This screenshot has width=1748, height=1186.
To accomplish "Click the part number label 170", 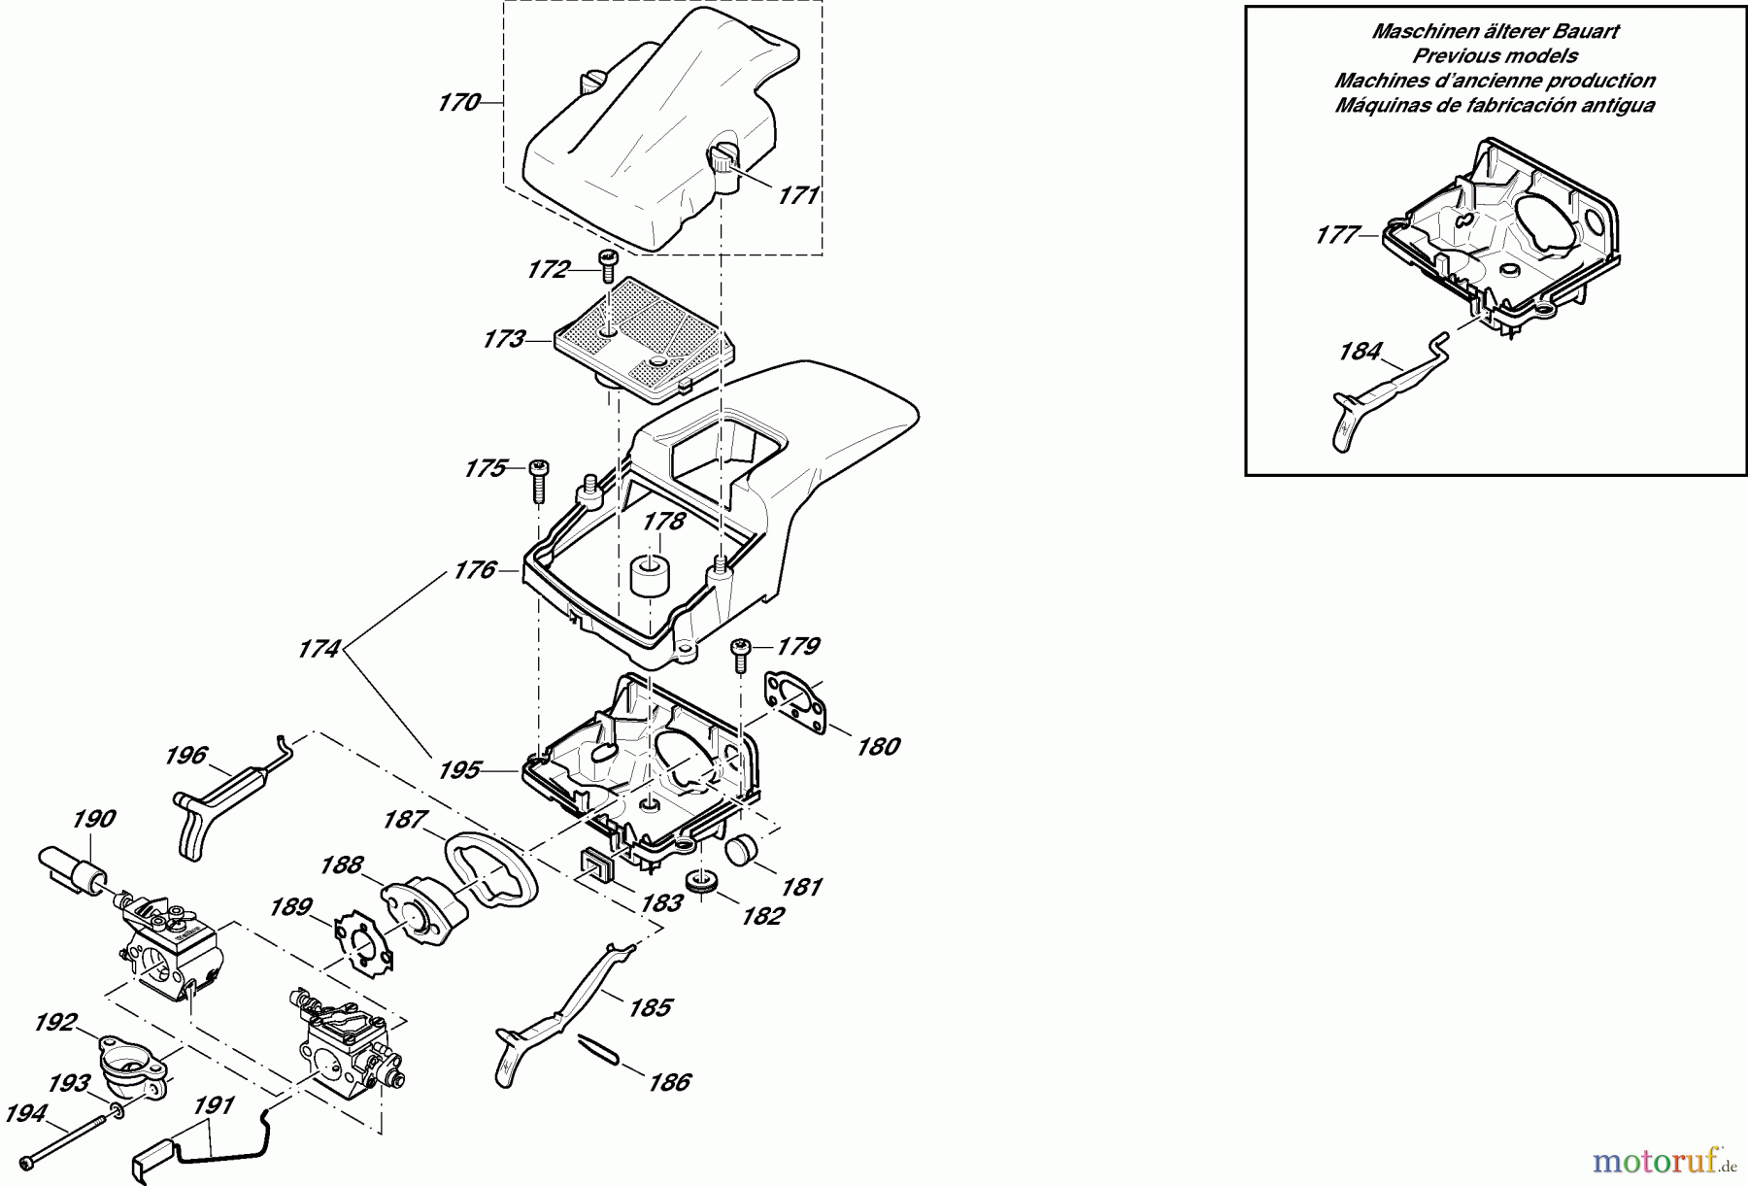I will coord(459,102).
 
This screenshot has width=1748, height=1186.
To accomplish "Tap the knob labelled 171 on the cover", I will coord(723,158).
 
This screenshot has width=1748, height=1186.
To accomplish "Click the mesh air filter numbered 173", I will coord(626,335).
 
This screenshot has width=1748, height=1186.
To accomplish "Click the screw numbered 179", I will coord(741,654).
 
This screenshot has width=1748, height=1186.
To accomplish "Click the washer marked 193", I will coord(117,1110).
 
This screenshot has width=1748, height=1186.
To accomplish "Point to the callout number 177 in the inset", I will coord(1337,235).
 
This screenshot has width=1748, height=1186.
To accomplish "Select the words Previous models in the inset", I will coord(1495,56).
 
